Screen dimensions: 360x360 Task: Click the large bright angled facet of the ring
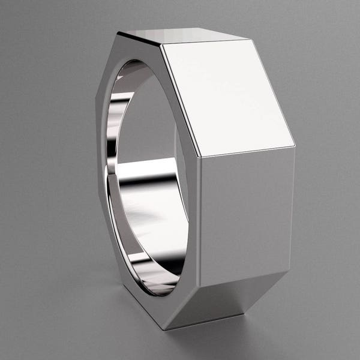coord(228,96)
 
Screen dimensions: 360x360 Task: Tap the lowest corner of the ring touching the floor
coord(164,329)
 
